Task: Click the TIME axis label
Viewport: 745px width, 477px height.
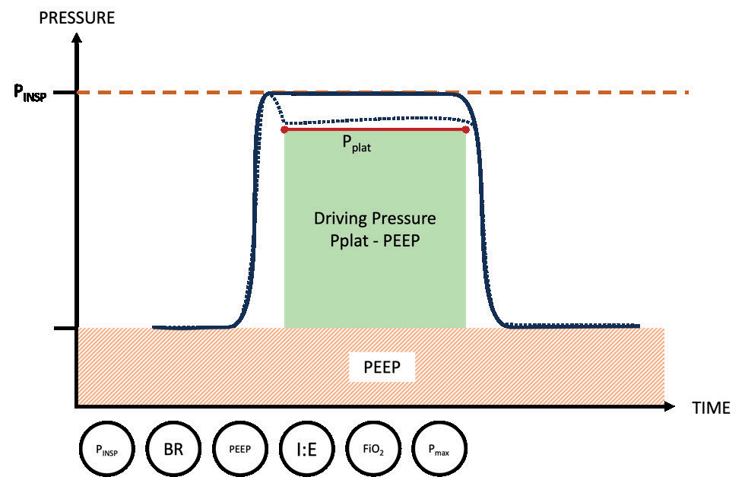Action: (711, 408)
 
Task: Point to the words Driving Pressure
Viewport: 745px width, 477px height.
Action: (375, 219)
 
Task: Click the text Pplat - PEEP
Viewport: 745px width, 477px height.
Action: (375, 238)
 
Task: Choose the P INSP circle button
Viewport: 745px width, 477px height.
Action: (106, 448)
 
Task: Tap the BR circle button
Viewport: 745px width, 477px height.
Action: (173, 448)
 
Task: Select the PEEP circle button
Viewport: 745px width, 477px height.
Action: (239, 448)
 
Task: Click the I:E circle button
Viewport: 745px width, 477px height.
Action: (306, 448)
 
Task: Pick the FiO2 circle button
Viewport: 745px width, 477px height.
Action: (372, 448)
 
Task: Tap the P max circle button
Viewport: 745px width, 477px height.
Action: (439, 448)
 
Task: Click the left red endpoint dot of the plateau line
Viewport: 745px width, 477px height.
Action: (284, 129)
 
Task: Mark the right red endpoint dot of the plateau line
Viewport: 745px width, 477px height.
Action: (465, 129)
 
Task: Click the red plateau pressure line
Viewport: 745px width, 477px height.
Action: (375, 129)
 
